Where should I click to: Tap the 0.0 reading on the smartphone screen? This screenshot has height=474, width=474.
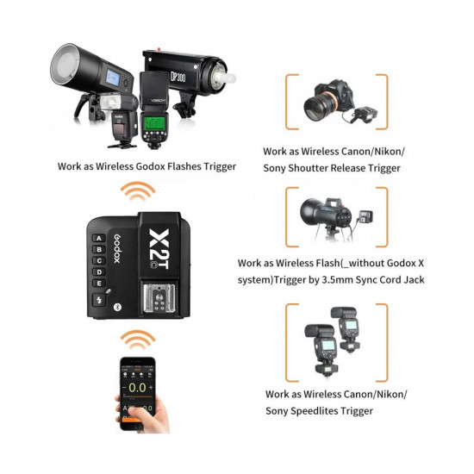click(136, 389)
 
